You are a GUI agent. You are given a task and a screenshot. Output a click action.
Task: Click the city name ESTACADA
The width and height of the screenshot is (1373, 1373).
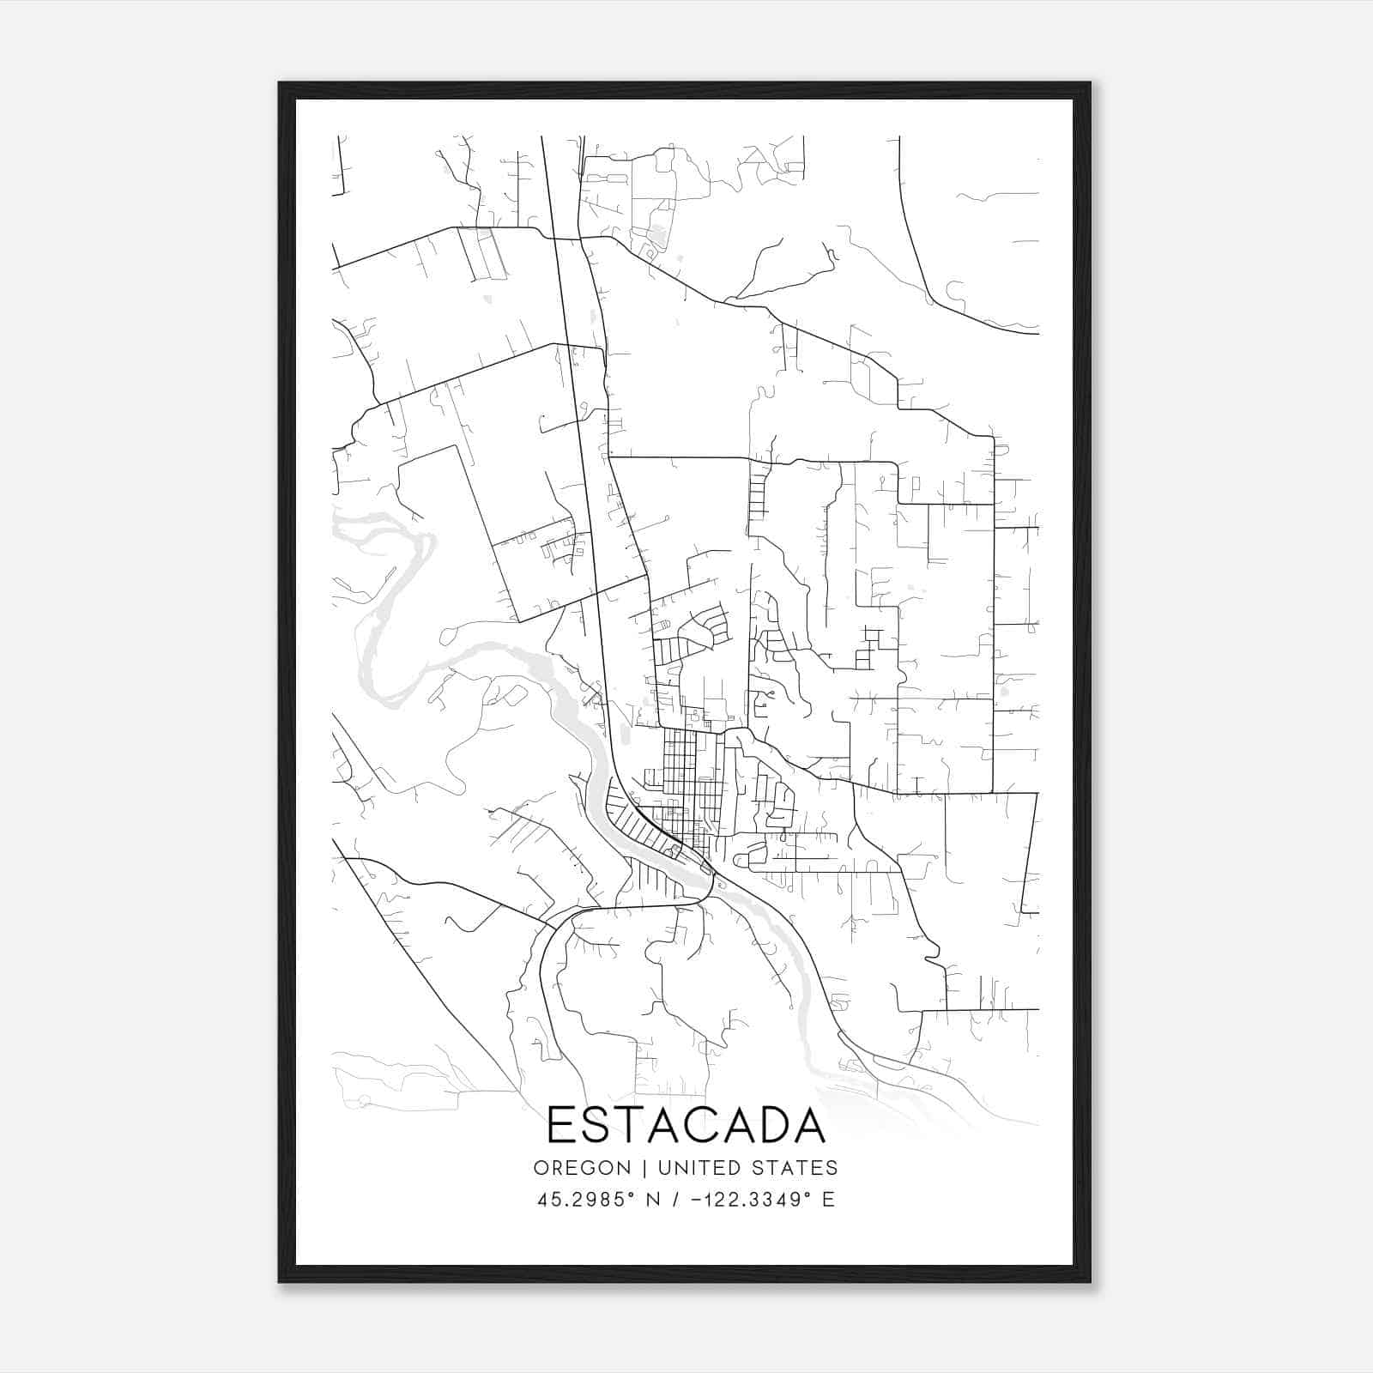[x=686, y=1125]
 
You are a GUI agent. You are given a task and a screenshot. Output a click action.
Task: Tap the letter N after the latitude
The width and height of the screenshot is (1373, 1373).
[x=653, y=1200]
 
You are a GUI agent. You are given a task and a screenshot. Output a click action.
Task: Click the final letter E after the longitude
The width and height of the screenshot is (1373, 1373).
[x=828, y=1200]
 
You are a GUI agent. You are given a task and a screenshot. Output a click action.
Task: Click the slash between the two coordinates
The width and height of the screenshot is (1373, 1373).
[x=675, y=1200]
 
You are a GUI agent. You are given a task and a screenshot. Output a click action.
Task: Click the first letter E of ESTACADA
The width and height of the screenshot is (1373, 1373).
[x=559, y=1125]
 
